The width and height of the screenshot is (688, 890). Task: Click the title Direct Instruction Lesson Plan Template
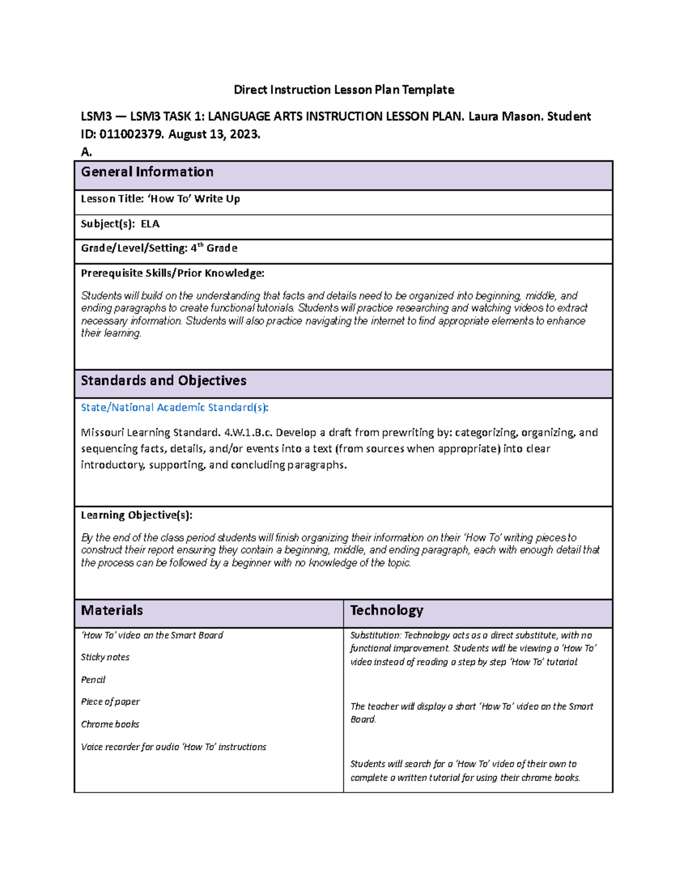(343, 90)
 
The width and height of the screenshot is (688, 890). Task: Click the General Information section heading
(147, 172)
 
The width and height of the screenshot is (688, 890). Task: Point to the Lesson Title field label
(112, 199)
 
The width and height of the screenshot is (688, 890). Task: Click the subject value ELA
(150, 224)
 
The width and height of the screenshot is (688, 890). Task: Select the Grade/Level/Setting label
(134, 249)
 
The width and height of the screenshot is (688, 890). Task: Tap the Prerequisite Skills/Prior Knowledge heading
(173, 273)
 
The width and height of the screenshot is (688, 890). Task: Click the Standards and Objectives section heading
(163, 381)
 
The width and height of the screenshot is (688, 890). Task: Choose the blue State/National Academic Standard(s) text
(174, 407)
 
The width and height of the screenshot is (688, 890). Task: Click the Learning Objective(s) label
(136, 515)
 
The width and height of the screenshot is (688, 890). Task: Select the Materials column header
(112, 610)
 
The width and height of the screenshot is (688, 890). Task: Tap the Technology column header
(386, 610)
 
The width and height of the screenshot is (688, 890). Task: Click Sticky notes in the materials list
(105, 657)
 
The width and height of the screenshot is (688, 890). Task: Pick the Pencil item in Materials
(93, 680)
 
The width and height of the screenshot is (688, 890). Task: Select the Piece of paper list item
(110, 702)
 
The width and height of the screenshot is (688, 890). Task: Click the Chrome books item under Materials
(110, 724)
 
